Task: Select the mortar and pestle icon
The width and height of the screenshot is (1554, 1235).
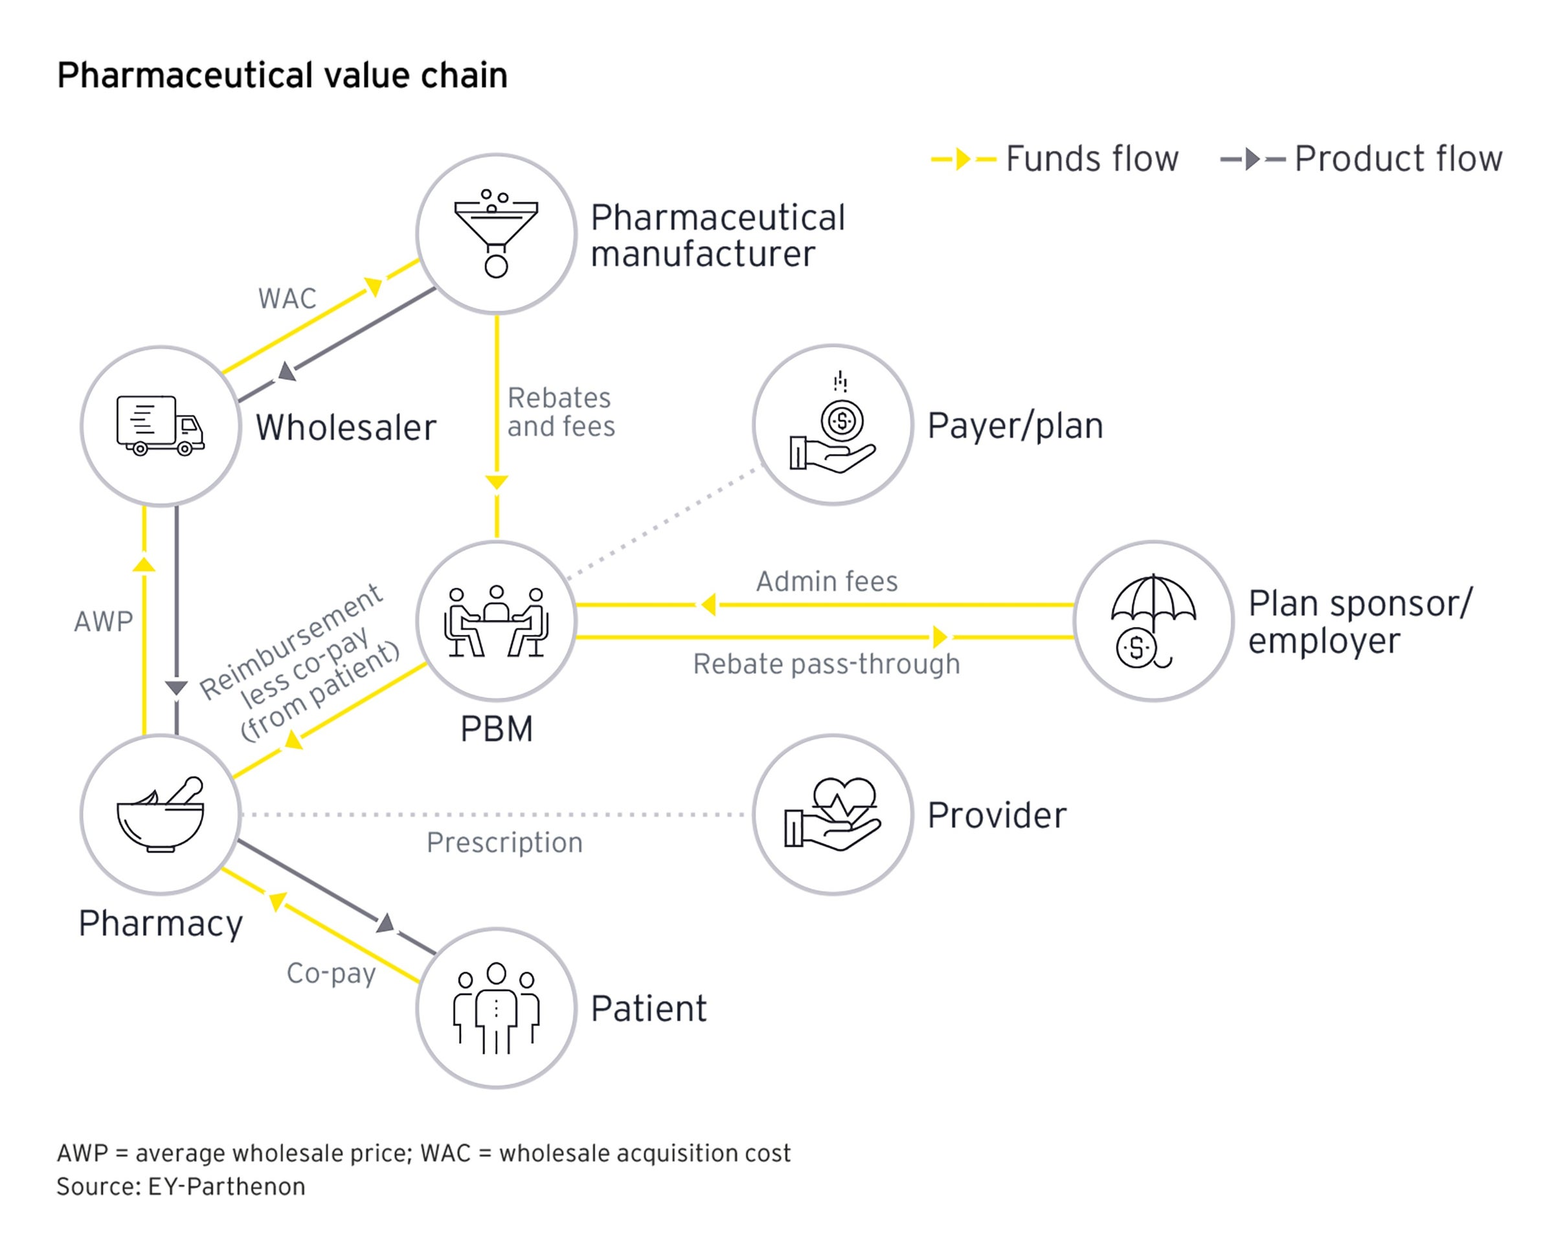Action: coord(160,814)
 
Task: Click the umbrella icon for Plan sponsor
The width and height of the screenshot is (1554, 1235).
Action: coord(1153,620)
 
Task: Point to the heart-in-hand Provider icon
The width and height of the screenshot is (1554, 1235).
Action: coord(833,814)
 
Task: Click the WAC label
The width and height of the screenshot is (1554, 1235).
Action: coord(287,298)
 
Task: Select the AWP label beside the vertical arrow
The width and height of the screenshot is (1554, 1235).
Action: coord(104,621)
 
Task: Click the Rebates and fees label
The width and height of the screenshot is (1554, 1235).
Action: coord(561,412)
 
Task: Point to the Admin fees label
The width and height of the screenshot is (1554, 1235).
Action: coord(827,581)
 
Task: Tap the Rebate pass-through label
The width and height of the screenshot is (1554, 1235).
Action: coord(827,663)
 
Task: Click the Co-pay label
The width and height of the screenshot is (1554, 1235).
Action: coord(331,974)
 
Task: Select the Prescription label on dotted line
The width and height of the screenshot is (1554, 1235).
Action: coord(504,842)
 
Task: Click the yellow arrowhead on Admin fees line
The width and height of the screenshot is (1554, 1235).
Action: coord(708,605)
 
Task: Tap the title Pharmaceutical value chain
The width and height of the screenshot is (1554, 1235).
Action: coord(282,75)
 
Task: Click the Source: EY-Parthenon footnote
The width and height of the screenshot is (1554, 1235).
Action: coord(181,1186)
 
